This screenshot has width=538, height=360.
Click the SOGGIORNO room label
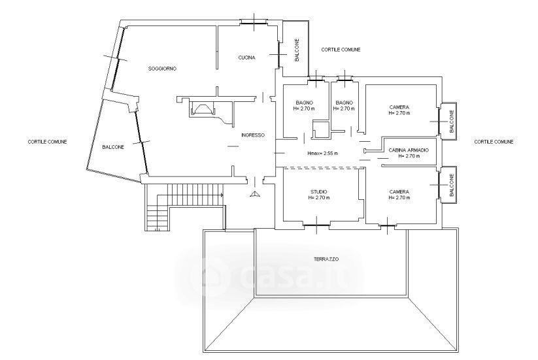point(162,69)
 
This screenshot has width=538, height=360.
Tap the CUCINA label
point(246,57)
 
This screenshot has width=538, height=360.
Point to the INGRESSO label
point(253,135)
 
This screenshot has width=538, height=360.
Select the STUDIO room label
point(319,191)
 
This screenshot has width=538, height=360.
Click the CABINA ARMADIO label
point(409,150)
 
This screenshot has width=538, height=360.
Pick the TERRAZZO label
point(326,259)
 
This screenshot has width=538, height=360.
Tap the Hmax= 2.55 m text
point(322,154)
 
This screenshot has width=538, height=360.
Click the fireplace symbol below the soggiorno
point(202,108)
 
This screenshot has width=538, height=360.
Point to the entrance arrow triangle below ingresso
point(255,195)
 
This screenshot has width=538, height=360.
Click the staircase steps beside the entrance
point(184,205)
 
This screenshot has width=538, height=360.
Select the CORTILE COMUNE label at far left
point(47,142)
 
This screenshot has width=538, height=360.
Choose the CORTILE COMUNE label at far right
point(494,142)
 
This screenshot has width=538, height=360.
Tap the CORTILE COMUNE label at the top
point(341,50)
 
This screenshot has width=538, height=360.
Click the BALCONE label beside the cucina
point(297,50)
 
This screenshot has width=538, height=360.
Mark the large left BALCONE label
point(113,147)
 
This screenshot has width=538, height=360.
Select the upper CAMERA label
point(399,107)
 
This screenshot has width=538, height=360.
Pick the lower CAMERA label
point(399,191)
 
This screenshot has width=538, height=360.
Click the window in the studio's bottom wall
point(316,225)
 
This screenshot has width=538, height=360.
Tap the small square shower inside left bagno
point(321,129)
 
